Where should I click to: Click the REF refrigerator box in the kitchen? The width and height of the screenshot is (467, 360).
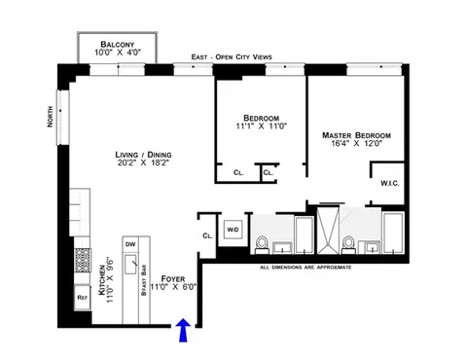click(84, 299)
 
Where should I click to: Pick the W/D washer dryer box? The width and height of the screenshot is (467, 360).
click(233, 230)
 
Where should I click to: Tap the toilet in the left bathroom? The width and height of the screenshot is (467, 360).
click(261, 242)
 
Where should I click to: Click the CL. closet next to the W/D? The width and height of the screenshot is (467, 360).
click(207, 235)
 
